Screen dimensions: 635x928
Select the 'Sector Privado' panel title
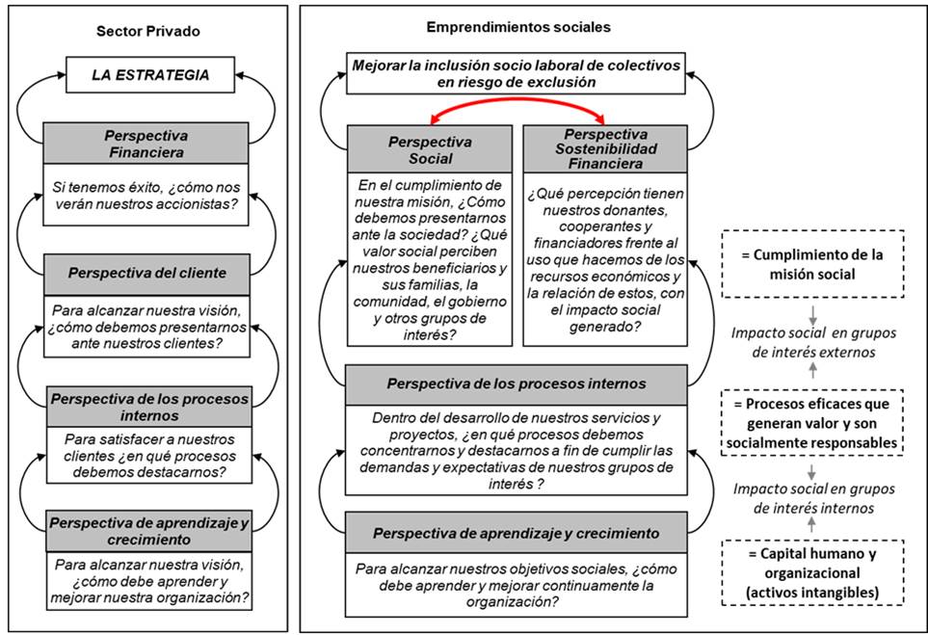click(147, 31)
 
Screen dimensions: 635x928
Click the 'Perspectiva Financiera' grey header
click(146, 144)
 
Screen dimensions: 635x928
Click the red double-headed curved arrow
click(517, 113)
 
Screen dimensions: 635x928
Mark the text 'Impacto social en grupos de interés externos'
click(812, 341)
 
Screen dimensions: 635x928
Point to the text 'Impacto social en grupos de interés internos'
click(812, 497)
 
